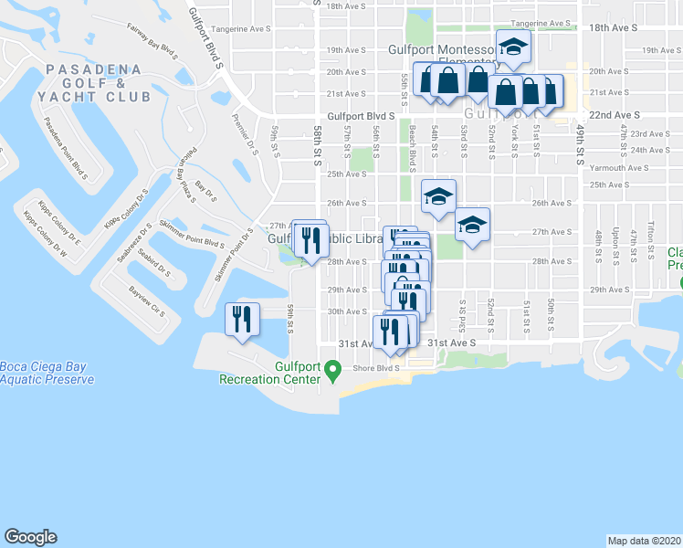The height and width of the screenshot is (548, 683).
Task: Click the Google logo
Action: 30,537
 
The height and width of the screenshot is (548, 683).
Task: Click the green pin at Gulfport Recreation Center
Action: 334,371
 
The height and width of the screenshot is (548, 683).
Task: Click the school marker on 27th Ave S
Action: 472,227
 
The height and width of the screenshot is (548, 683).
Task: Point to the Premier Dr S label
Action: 241,109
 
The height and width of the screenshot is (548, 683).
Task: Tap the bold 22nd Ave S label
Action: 614,116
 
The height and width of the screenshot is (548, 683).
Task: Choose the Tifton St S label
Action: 651,234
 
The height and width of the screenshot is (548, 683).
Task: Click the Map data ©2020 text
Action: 644,541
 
